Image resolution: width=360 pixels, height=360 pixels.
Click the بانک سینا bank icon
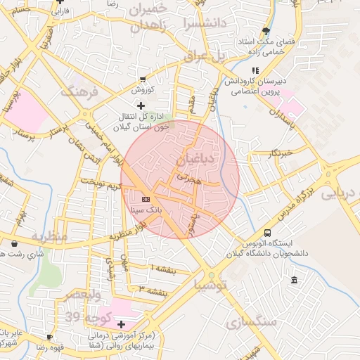146,198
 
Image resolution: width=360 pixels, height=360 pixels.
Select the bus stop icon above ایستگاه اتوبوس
267,233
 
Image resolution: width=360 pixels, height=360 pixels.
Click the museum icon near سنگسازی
293,281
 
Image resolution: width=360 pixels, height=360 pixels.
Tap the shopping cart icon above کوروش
143,79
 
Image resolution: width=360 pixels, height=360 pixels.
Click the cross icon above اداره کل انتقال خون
141,105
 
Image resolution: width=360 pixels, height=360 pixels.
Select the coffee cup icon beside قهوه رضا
49,337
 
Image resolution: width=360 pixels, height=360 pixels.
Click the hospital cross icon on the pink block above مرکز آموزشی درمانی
122,324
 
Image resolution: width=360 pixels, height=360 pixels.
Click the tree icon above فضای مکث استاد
266,31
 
